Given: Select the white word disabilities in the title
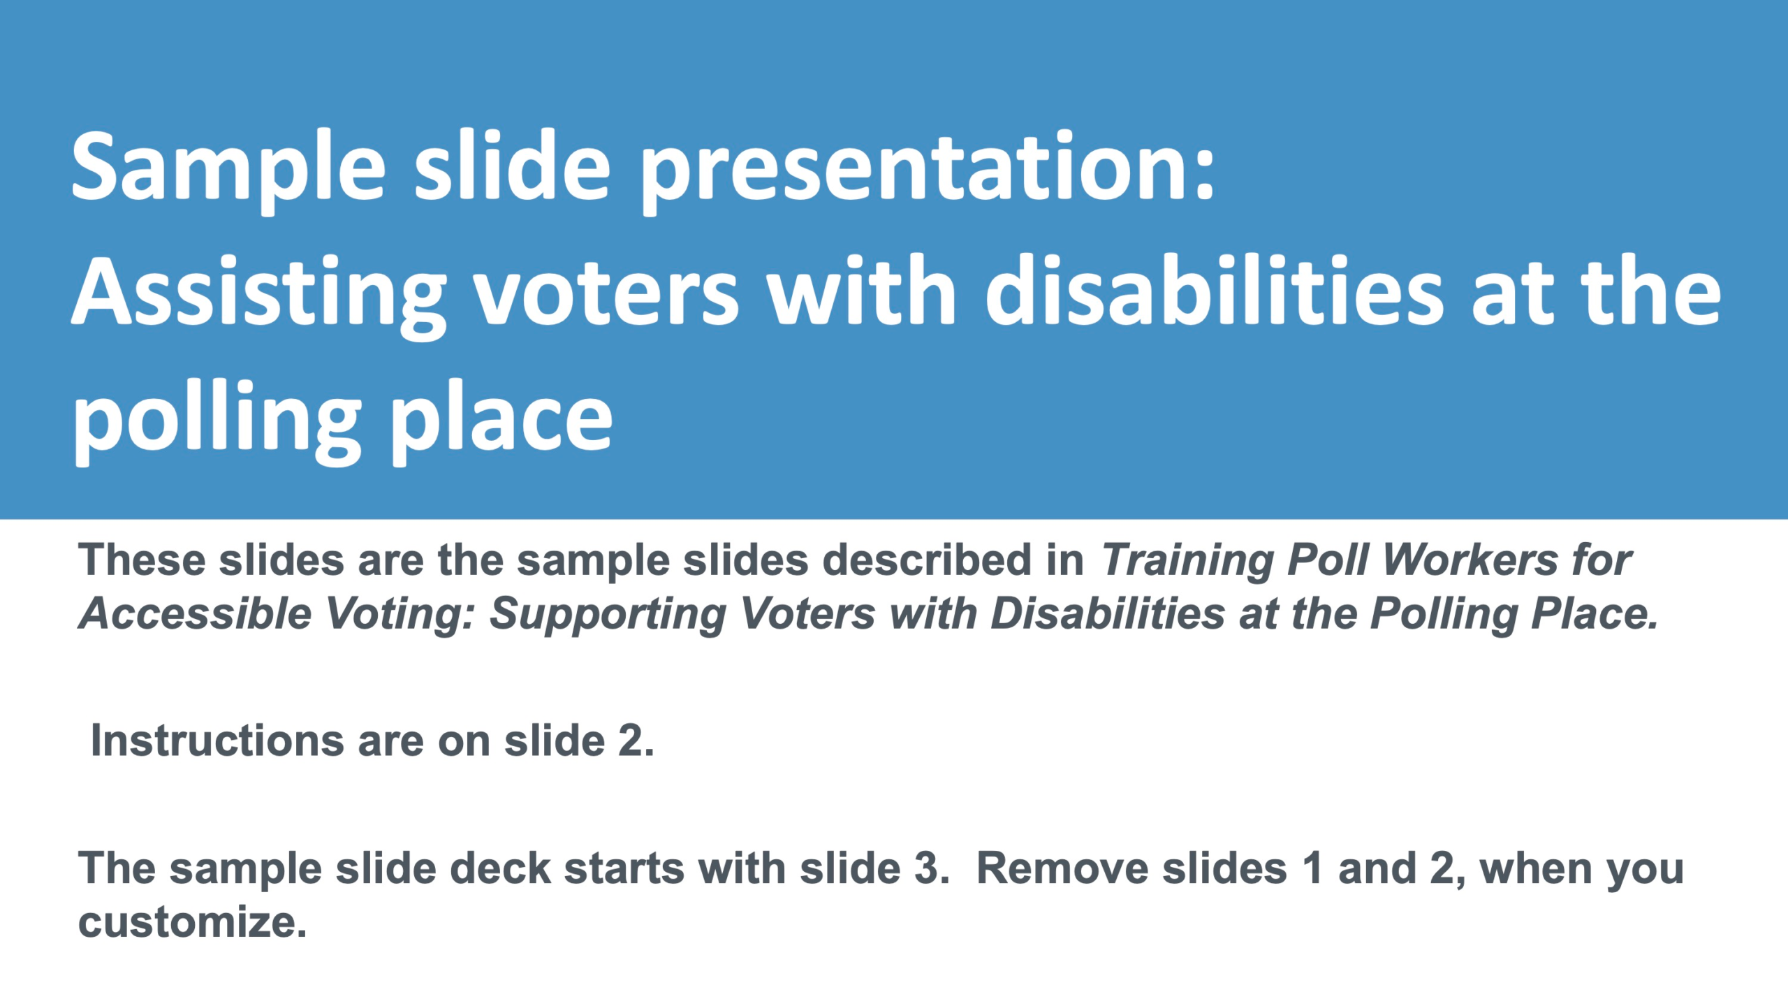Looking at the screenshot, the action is point(1214,290).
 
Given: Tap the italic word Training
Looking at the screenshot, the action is point(1187,560).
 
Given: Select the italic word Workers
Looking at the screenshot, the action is point(1469,560).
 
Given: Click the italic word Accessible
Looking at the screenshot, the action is point(196,614).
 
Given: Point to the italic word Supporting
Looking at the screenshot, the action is point(608,615).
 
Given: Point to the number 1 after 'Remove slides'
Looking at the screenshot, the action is point(1313,868).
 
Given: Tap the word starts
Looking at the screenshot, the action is point(624,870).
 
